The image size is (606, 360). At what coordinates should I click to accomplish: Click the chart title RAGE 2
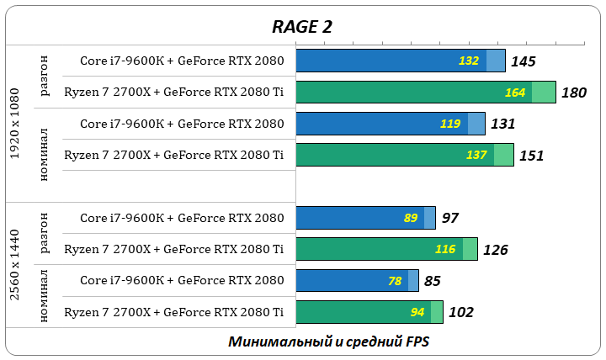coord(301,26)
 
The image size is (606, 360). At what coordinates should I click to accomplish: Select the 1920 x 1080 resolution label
coord(14,122)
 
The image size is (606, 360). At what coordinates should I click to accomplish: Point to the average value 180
coord(573,93)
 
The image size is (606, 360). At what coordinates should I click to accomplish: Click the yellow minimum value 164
coord(515,93)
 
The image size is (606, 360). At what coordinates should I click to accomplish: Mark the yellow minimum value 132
coord(468,61)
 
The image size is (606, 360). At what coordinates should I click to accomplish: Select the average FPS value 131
coord(502,124)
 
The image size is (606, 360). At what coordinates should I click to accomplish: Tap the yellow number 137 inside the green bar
coord(476,156)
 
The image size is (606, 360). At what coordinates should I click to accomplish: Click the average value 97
coord(449,219)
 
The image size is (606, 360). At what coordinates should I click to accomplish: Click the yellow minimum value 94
coord(417,312)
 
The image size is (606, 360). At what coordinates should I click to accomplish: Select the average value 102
coord(460,312)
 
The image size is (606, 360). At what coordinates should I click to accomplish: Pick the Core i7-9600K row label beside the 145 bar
coord(182,61)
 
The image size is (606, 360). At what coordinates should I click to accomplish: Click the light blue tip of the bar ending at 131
coord(476,124)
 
